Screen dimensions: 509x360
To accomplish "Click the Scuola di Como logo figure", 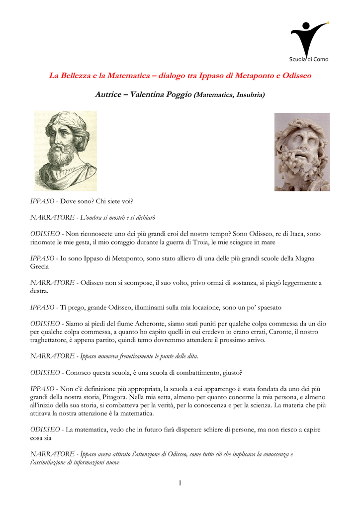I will [309, 37].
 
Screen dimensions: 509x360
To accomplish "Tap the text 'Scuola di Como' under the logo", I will [309, 59].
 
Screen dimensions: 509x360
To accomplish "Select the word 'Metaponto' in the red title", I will [245, 76].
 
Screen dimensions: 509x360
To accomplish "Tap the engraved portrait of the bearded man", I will [65, 151].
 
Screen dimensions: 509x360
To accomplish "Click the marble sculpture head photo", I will [302, 152].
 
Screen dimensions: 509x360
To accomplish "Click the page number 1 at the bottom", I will [180, 483].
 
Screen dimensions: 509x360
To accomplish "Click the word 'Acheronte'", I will [141, 324].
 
